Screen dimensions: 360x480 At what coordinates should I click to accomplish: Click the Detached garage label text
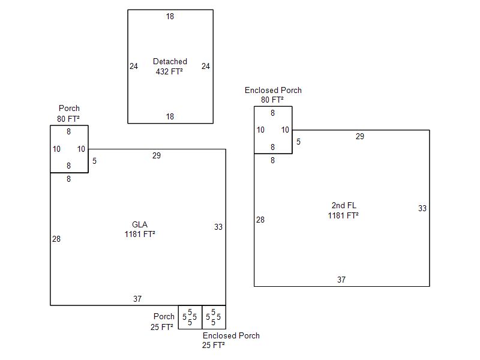tap(170, 61)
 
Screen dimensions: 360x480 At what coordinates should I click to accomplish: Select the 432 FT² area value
tap(169, 71)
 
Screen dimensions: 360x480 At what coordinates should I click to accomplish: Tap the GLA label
tap(140, 224)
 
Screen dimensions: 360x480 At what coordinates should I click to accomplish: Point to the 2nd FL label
tap(343, 205)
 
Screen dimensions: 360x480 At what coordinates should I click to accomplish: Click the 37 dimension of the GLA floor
tap(137, 299)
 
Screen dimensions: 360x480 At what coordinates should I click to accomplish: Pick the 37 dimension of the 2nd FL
tap(341, 280)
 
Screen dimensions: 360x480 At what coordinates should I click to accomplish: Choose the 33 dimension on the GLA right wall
tap(218, 227)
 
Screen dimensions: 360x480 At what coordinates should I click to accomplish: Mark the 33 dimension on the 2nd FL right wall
tap(422, 208)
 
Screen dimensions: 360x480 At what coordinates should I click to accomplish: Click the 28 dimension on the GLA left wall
tap(56, 239)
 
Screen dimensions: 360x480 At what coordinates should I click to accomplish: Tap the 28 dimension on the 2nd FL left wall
tap(260, 220)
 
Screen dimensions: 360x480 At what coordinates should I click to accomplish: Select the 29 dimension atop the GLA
tap(157, 155)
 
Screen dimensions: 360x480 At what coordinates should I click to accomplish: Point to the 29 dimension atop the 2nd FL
tap(360, 136)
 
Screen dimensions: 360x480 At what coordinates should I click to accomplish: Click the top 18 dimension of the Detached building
tap(170, 16)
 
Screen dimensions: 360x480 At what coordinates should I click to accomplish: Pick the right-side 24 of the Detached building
tap(206, 66)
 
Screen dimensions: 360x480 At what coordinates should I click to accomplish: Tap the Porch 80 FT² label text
tap(69, 109)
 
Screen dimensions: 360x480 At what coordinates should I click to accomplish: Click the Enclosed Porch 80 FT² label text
tap(273, 90)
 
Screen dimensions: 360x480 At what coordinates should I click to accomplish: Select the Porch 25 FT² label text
tap(164, 316)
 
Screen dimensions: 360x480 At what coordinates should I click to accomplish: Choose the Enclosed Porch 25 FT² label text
tap(231, 335)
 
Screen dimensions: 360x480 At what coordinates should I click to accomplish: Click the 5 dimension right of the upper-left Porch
tap(95, 161)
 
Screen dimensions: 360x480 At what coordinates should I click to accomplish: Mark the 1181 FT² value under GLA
tap(140, 234)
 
